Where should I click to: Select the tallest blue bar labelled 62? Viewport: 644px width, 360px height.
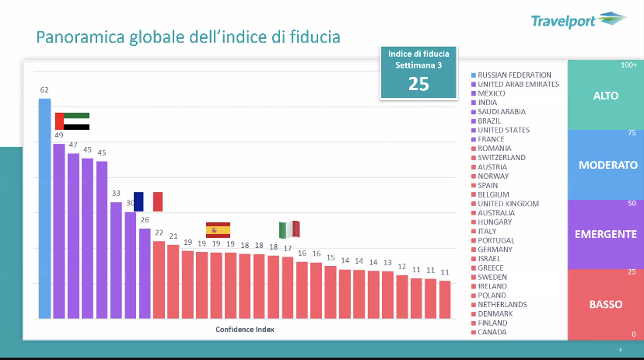click(x=44, y=208)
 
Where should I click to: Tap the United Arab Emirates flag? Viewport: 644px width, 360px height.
click(x=72, y=121)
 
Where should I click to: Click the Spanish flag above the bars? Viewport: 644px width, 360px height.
click(x=218, y=229)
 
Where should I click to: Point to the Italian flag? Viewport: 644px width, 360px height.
click(x=289, y=229)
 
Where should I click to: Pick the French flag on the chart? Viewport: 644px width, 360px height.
click(x=148, y=201)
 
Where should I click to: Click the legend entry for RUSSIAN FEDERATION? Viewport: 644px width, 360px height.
click(x=514, y=75)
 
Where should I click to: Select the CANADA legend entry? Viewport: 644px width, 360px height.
click(x=492, y=332)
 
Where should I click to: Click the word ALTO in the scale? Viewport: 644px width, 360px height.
click(x=606, y=96)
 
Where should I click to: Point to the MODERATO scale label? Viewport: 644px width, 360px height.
click(x=607, y=165)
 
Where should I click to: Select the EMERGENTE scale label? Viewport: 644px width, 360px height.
click(x=607, y=234)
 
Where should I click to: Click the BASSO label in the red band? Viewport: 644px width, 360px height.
click(x=606, y=304)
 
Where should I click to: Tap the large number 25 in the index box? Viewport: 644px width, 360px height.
click(x=418, y=84)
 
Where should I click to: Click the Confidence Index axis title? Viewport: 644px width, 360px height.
click(x=245, y=329)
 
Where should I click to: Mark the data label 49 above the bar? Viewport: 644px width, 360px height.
click(x=58, y=135)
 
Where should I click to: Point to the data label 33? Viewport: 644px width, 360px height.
click(x=116, y=194)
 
